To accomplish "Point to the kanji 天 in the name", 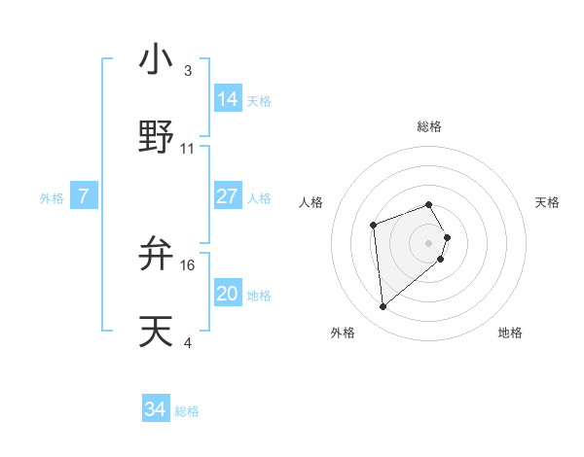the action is (x=156, y=331).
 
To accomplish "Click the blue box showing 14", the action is (x=228, y=99).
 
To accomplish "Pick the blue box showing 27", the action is (x=228, y=196).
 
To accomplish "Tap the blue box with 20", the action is (x=228, y=294).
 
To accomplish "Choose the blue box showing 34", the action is (x=156, y=409).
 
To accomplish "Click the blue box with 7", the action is (x=84, y=196).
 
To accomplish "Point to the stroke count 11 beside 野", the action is (x=188, y=149).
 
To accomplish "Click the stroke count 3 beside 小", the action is (x=188, y=71).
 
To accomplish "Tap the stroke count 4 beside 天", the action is (x=188, y=342).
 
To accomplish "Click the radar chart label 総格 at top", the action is (x=429, y=126).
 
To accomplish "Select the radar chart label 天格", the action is (x=547, y=202).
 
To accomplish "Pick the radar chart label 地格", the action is (x=510, y=333).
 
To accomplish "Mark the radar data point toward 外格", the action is (x=383, y=307).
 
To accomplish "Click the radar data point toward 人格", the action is (x=373, y=226).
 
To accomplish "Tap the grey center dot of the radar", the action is (x=429, y=242).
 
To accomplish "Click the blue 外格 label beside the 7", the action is (x=52, y=197).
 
